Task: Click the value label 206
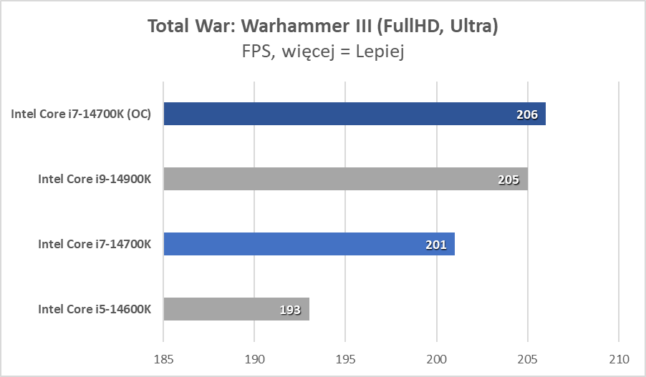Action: (527, 114)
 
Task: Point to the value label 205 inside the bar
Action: (508, 180)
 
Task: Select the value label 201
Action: (435, 245)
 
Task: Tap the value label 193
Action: (290, 310)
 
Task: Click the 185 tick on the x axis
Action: (163, 357)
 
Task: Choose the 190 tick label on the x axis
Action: (254, 357)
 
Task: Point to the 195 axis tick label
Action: (345, 357)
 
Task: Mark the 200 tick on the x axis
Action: (437, 357)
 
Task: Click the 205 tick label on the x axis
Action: (528, 357)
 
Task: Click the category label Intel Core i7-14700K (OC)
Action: (81, 114)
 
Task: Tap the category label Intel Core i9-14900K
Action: (95, 179)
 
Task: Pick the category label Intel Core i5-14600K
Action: (95, 309)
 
